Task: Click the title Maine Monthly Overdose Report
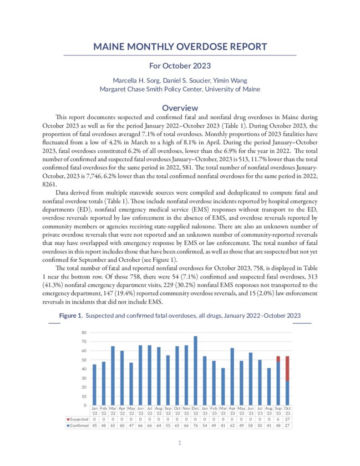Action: (x=180, y=47)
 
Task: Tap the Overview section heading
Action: (x=180, y=108)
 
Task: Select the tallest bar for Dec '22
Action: (x=195, y=370)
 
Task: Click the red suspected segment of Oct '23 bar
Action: (x=287, y=368)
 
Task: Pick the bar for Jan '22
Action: (x=94, y=385)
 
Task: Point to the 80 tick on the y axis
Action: (x=84, y=333)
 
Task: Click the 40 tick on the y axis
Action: (x=84, y=369)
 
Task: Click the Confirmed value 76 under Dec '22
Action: (x=195, y=425)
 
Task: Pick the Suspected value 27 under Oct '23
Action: (x=287, y=419)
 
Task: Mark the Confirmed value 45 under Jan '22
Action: (x=94, y=425)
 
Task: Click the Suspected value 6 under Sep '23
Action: (x=278, y=419)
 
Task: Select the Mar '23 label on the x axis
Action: (x=223, y=411)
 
